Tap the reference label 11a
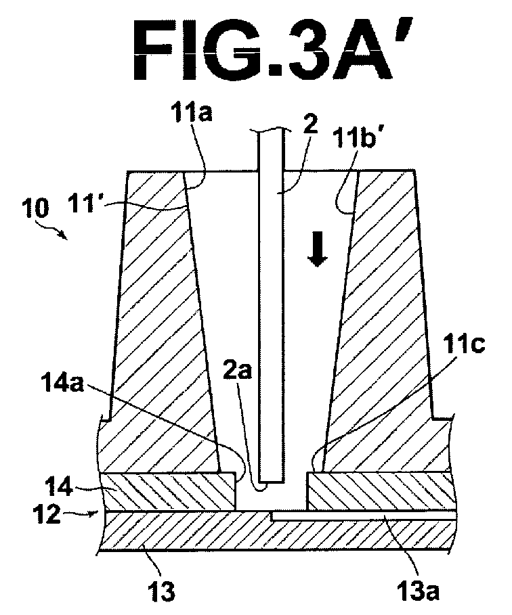tap(191, 114)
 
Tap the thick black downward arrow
tap(317, 249)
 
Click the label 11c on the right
tap(465, 345)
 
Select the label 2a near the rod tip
tap(237, 371)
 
